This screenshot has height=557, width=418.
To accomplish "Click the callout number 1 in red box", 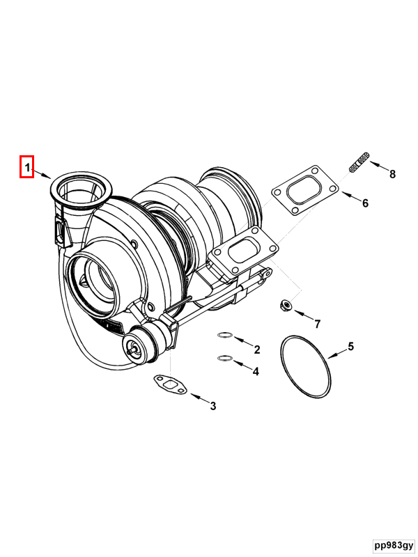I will [26, 167].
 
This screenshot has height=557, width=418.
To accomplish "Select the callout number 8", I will [392, 174].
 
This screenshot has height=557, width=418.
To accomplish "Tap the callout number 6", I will [364, 203].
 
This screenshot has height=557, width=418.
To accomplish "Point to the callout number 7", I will [317, 324].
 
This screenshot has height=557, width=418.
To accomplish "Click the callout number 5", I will [351, 346].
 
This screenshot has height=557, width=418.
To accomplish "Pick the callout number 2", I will [256, 349].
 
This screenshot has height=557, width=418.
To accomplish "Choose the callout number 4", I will [256, 372].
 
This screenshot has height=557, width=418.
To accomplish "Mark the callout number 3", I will [213, 406].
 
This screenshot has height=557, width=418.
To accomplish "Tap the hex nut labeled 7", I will [284, 304].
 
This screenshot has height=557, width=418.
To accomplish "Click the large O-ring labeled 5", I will [305, 367].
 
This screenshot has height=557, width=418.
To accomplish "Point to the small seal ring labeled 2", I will [224, 336].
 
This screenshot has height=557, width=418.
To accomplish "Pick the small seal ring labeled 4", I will [224, 359].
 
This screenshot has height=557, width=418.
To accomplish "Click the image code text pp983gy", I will [392, 544].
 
